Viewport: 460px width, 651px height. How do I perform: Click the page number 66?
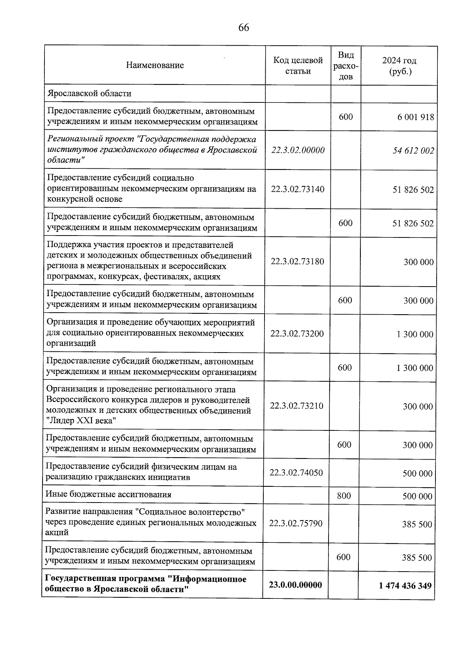[x=244, y=28]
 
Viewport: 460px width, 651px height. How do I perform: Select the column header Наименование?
[x=155, y=65]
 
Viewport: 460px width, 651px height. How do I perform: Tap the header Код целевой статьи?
[x=298, y=66]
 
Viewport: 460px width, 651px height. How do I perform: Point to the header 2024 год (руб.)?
[x=399, y=66]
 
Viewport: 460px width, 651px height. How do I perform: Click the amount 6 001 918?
[x=416, y=117]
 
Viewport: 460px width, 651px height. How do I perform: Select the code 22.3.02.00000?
[x=298, y=150]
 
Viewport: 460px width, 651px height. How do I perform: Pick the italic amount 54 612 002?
[x=413, y=151]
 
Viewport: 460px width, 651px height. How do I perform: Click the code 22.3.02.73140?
[x=297, y=189]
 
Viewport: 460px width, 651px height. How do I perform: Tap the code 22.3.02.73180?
[x=297, y=262]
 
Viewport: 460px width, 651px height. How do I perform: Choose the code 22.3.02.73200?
[x=297, y=334]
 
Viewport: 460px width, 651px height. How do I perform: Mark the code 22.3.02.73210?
[x=297, y=406]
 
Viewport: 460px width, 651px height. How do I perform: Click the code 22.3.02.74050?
[x=296, y=473]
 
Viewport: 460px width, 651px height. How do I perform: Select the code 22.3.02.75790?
[x=296, y=524]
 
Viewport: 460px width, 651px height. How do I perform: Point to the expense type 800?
[x=344, y=496]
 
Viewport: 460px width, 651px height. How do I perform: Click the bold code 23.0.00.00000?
[x=296, y=585]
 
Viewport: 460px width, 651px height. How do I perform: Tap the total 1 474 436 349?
[x=405, y=586]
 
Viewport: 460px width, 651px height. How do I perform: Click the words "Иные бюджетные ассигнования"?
[x=108, y=494]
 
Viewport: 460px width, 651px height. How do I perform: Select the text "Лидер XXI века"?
[x=81, y=421]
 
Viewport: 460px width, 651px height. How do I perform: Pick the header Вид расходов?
[x=346, y=66]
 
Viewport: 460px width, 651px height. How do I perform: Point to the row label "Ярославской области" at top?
[x=89, y=94]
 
